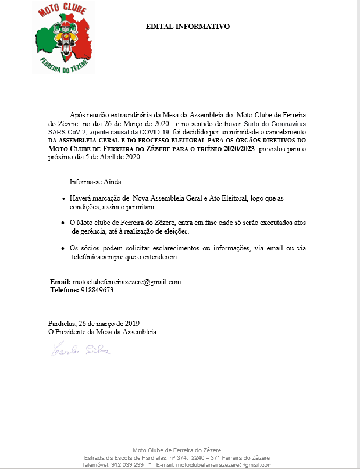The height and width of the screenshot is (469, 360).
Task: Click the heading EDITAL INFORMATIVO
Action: coord(187,27)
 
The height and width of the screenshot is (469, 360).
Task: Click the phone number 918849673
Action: coord(97,290)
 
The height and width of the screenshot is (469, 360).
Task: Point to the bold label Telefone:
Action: coord(65,290)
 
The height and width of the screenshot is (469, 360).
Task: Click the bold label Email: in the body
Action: coord(60,282)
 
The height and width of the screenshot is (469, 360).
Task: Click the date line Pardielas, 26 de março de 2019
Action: coord(93,323)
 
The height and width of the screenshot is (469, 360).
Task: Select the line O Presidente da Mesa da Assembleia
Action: coord(102,332)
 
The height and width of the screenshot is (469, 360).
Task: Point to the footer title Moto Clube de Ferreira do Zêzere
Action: coord(177,450)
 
